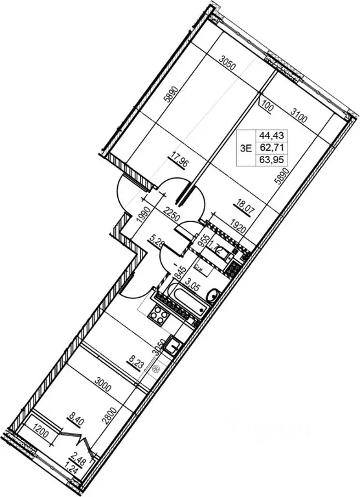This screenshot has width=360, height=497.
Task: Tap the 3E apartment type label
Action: coord(245,148)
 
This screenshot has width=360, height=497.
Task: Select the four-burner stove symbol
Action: coord(157,316)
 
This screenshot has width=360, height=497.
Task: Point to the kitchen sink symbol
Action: coord(174,346)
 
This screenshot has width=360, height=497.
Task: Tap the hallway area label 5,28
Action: coord(156,245)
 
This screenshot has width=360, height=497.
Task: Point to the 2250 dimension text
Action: coord(172,212)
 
